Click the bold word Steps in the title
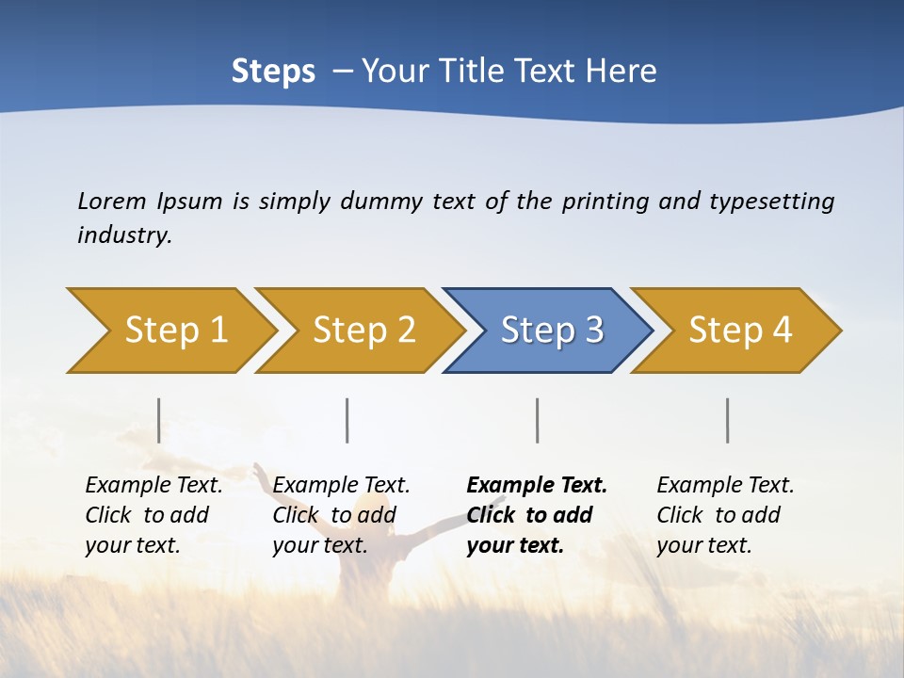point(273,72)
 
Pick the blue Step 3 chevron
point(551,331)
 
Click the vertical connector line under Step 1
point(159,420)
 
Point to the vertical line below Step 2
point(347,420)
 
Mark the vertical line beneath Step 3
point(538,420)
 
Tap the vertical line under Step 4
point(728,420)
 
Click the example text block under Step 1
point(153,515)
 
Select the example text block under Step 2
point(341,515)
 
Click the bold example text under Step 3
point(537,515)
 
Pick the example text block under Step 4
point(725,515)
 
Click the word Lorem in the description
point(112,201)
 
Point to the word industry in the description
point(124,235)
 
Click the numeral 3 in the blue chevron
point(594,331)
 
